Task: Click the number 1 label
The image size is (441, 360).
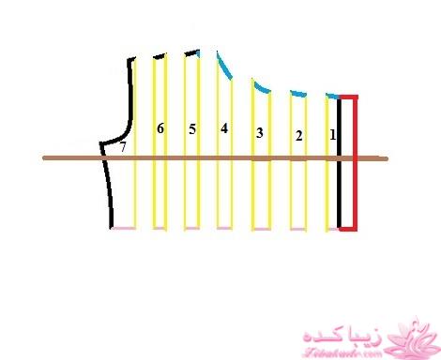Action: click(x=332, y=135)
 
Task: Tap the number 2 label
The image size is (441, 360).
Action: click(x=298, y=136)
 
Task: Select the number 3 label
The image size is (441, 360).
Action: click(x=259, y=133)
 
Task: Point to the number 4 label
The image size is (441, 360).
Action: click(x=223, y=128)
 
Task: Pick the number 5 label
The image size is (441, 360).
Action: click(x=192, y=129)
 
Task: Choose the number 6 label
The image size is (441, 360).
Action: click(x=160, y=128)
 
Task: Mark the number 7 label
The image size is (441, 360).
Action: click(x=122, y=147)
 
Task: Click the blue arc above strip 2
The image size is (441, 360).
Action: click(x=298, y=93)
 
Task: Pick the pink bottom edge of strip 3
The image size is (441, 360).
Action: click(x=261, y=229)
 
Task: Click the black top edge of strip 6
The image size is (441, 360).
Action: click(x=160, y=56)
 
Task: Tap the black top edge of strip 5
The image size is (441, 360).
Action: click(x=192, y=52)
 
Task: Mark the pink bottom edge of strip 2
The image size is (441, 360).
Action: click(x=298, y=229)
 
